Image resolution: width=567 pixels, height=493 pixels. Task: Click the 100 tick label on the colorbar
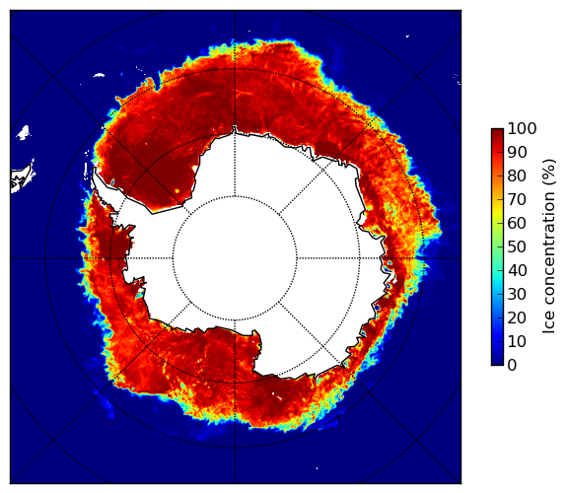(523, 128)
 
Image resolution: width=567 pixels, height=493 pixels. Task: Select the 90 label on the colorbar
(518, 152)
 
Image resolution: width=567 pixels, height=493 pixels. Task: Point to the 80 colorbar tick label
(518, 176)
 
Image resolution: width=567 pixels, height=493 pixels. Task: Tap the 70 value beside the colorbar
(518, 199)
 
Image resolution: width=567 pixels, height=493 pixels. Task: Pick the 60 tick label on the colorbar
(518, 223)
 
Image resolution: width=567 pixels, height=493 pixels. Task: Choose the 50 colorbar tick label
(518, 247)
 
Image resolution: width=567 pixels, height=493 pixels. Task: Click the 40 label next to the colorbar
(518, 270)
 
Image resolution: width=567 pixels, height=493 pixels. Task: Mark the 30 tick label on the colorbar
(518, 295)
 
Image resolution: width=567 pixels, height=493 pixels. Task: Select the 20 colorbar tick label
(518, 317)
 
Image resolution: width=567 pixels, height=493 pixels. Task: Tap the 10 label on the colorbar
(518, 341)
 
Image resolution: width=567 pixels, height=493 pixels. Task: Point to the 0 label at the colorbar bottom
(513, 366)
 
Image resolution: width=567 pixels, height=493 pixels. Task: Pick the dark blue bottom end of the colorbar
(498, 363)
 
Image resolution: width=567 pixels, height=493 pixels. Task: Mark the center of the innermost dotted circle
(235, 258)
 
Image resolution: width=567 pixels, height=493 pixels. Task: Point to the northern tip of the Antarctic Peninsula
(95, 168)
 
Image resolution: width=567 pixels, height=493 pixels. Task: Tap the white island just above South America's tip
(24, 132)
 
